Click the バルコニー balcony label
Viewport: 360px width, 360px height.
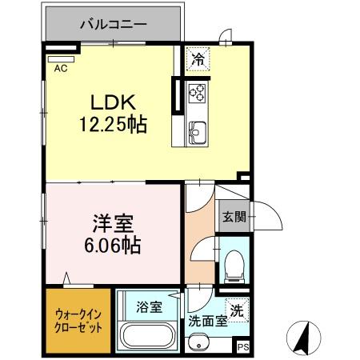point(113,24)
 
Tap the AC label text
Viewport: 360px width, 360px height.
point(60,69)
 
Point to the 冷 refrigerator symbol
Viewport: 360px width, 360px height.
point(197,58)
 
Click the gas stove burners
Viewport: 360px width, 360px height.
point(197,94)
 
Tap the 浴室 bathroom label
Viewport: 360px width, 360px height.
point(150,306)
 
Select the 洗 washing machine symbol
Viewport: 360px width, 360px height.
point(237,310)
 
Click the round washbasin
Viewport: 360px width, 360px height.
point(197,343)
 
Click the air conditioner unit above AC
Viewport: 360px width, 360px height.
point(61,57)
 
